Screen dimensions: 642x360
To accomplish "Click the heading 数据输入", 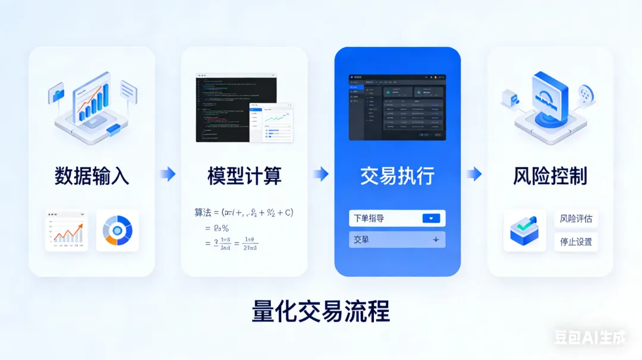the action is pos(92,176).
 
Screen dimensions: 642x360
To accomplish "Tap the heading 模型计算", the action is pos(244,176).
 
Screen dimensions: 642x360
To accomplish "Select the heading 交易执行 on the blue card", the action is pos(397,176).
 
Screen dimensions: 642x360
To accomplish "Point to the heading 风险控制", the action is pos(550,176).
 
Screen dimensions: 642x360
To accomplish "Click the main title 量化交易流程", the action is pos(321,311).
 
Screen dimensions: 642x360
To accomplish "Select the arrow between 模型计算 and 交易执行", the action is pos(321,174).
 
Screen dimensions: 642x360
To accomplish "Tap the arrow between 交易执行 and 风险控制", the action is pos(474,174).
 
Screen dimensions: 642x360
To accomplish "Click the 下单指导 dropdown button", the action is pos(432,218).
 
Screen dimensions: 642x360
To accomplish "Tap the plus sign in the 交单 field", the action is pos(436,239).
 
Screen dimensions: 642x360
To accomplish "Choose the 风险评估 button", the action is pos(576,219).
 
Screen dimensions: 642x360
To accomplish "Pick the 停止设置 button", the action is pos(576,242).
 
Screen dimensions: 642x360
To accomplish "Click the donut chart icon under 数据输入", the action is pos(117,230).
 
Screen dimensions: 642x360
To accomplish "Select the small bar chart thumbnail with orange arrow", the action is pos(66,230).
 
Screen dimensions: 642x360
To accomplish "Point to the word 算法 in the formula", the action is pos(203,212).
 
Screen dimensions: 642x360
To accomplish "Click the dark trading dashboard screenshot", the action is pos(397,107).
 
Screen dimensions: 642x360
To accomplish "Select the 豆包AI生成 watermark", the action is pos(590,338).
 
